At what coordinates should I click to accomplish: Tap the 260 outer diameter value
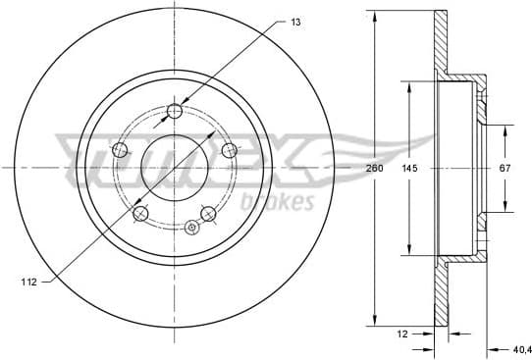374,168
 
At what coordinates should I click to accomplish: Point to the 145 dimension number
410,168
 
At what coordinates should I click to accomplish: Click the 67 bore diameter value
505,168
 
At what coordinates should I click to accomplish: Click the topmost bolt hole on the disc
176,110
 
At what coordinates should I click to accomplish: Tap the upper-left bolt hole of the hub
122,149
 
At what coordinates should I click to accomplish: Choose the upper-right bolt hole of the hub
230,149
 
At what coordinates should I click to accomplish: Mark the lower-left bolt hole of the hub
141,213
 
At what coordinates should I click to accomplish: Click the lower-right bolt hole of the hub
208,213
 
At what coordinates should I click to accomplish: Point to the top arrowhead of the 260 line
374,17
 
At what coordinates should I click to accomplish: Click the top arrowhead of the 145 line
410,86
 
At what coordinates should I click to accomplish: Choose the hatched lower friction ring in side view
438,294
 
